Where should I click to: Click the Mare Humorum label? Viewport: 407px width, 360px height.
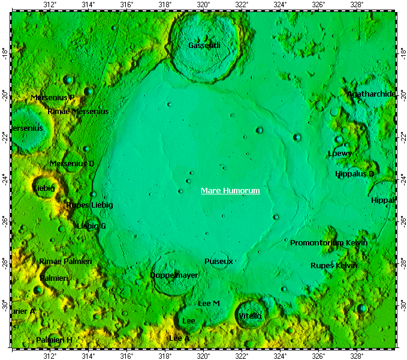point(230,191)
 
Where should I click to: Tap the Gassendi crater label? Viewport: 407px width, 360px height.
point(204,45)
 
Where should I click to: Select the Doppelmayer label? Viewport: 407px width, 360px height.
point(174,275)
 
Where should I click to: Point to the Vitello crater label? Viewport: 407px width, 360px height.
point(250,316)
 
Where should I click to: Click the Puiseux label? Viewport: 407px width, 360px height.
point(218,262)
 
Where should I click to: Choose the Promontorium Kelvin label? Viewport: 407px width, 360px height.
point(328,243)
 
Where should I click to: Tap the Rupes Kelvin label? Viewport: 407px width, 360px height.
point(334,265)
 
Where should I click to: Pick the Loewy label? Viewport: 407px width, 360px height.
point(340,153)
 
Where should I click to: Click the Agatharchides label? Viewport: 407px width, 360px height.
point(371,94)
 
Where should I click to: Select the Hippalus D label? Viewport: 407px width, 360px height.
point(355,174)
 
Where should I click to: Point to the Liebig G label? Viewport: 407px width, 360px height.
point(91,226)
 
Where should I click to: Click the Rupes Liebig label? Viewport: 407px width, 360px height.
point(89,205)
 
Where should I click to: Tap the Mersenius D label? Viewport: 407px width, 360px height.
point(72,163)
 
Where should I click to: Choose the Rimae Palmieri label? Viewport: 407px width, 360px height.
point(65,262)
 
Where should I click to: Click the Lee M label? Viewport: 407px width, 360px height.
point(209,304)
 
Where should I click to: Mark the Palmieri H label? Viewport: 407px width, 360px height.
point(54,340)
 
